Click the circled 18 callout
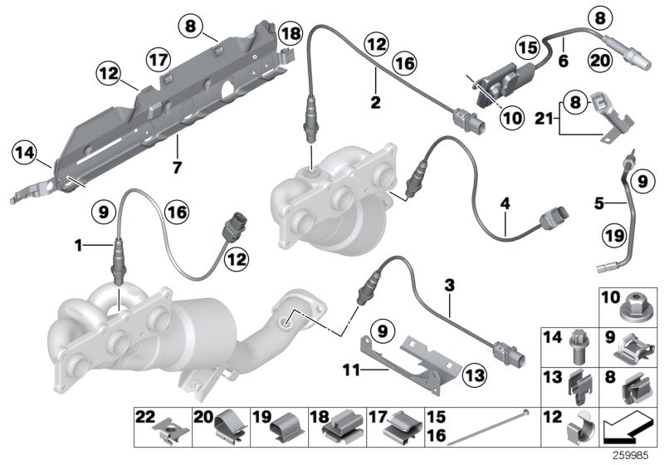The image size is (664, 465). (290, 35)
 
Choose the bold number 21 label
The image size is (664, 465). (542, 120)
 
